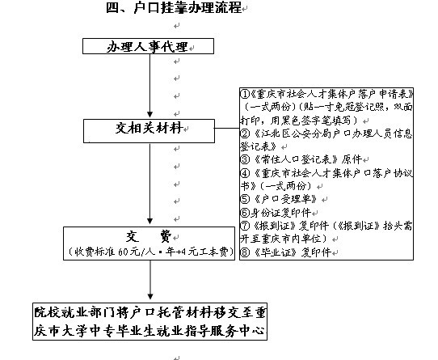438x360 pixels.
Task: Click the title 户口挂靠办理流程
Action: [187, 7]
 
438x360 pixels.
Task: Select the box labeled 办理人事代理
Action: [148, 46]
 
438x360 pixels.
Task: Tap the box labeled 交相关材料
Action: [149, 131]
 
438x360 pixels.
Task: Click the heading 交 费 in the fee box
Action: [149, 237]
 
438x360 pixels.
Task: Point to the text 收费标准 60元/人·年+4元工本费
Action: [151, 252]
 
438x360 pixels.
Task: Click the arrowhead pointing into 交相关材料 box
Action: [150, 115]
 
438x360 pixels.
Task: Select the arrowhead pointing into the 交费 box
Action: [150, 222]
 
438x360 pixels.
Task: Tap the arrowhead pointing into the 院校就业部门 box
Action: [150, 297]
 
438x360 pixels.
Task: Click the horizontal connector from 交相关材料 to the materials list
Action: [227, 129]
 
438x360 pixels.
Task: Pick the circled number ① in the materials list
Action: [245, 95]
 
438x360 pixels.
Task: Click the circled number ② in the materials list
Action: [245, 133]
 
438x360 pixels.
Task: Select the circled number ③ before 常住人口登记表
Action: [245, 159]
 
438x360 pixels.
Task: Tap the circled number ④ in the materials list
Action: [245, 173]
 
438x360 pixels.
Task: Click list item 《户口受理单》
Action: [285, 199]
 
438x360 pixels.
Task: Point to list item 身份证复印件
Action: [280, 213]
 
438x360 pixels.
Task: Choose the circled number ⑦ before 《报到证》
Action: [245, 226]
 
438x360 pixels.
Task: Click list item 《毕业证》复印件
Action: [293, 252]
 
